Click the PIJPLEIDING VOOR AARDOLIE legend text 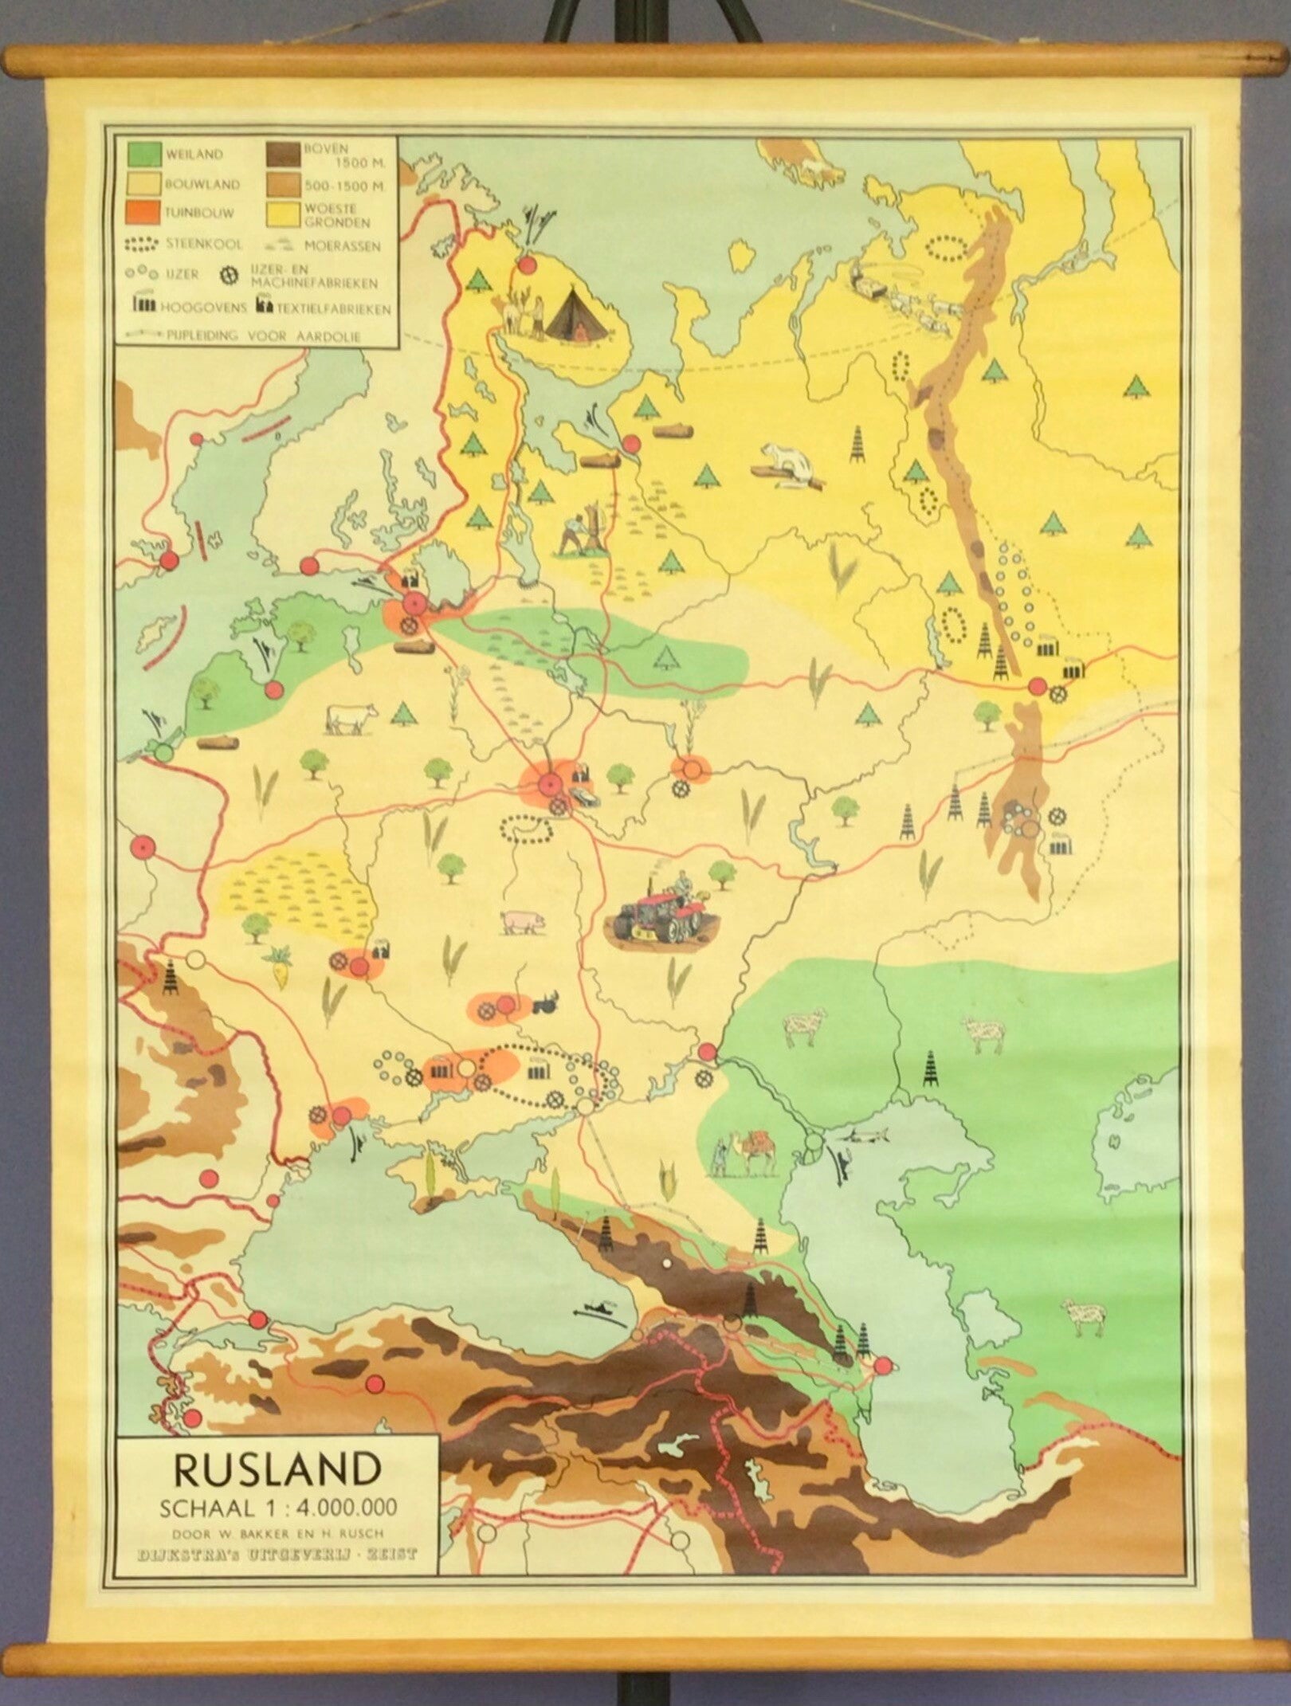263,336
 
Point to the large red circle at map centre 547,784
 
